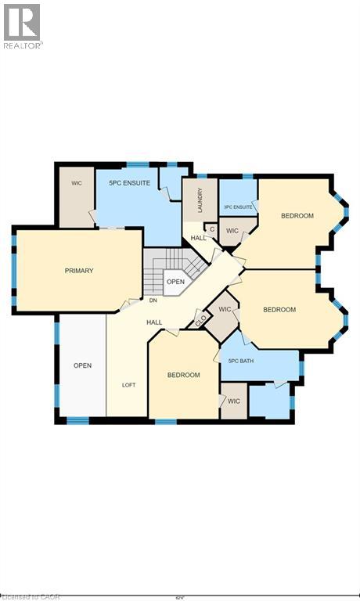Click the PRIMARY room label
coord(79,271)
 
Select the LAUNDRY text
coord(200,200)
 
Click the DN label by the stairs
coord(153,300)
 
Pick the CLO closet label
coord(200,319)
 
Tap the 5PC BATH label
coord(243,361)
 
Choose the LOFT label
coord(128,384)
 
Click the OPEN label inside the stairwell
coord(175,282)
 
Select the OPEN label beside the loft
coord(83,365)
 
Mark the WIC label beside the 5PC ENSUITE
coord(77,183)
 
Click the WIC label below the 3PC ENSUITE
coord(232,231)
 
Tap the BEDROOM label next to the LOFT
coord(183,375)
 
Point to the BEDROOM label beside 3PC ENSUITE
coord(297,216)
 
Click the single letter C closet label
coord(212,229)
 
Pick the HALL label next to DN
coord(154,322)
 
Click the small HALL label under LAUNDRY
coord(198,237)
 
